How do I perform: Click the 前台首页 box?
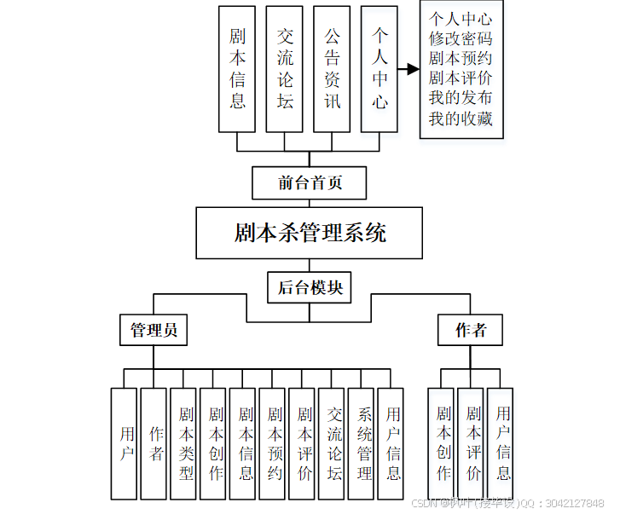310,182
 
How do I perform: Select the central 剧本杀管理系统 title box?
309,233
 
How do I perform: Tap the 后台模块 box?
310,287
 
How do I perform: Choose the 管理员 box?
154,330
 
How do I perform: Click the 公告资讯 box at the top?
333,69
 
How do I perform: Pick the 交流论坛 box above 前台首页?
285,69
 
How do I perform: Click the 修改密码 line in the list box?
461,38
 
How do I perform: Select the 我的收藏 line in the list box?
461,119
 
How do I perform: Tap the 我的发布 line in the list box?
461,99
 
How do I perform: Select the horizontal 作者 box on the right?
470,330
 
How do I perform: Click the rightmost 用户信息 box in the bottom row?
501,443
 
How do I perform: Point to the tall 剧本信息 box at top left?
237,69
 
